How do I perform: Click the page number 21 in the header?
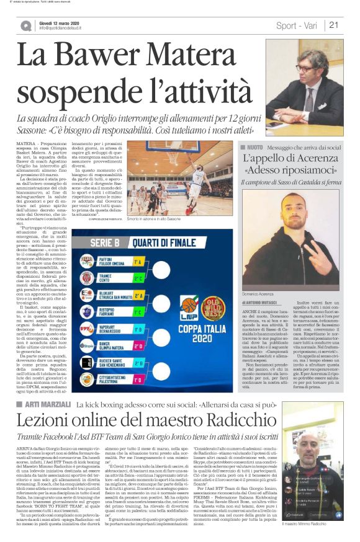point(333,25)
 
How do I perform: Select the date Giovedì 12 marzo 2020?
point(60,22)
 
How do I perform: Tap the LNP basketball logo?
point(189,305)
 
